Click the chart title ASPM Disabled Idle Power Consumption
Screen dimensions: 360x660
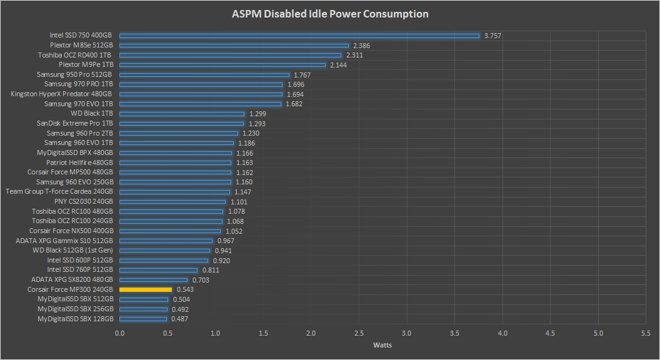[330, 14]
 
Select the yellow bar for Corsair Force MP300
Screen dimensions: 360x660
[146, 290]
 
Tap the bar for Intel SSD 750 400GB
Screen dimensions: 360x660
[299, 36]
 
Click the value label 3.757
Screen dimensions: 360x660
[492, 36]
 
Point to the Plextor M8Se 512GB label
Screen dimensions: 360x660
[81, 46]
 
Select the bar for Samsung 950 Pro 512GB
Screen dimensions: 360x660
[204, 75]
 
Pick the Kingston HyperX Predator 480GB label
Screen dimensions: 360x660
[62, 94]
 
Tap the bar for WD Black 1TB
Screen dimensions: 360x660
[182, 114]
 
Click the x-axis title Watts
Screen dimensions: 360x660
[382, 345]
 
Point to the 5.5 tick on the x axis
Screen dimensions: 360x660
[646, 333]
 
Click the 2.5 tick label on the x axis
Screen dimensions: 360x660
[359, 333]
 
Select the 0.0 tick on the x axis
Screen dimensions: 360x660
[120, 333]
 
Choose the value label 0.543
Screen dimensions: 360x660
[185, 290]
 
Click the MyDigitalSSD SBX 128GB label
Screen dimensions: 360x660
[76, 319]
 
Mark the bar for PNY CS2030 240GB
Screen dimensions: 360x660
[172, 202]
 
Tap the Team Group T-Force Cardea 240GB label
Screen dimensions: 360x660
[59, 192]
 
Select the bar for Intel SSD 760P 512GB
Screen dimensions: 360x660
[159, 270]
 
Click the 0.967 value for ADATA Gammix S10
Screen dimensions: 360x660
[226, 241]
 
